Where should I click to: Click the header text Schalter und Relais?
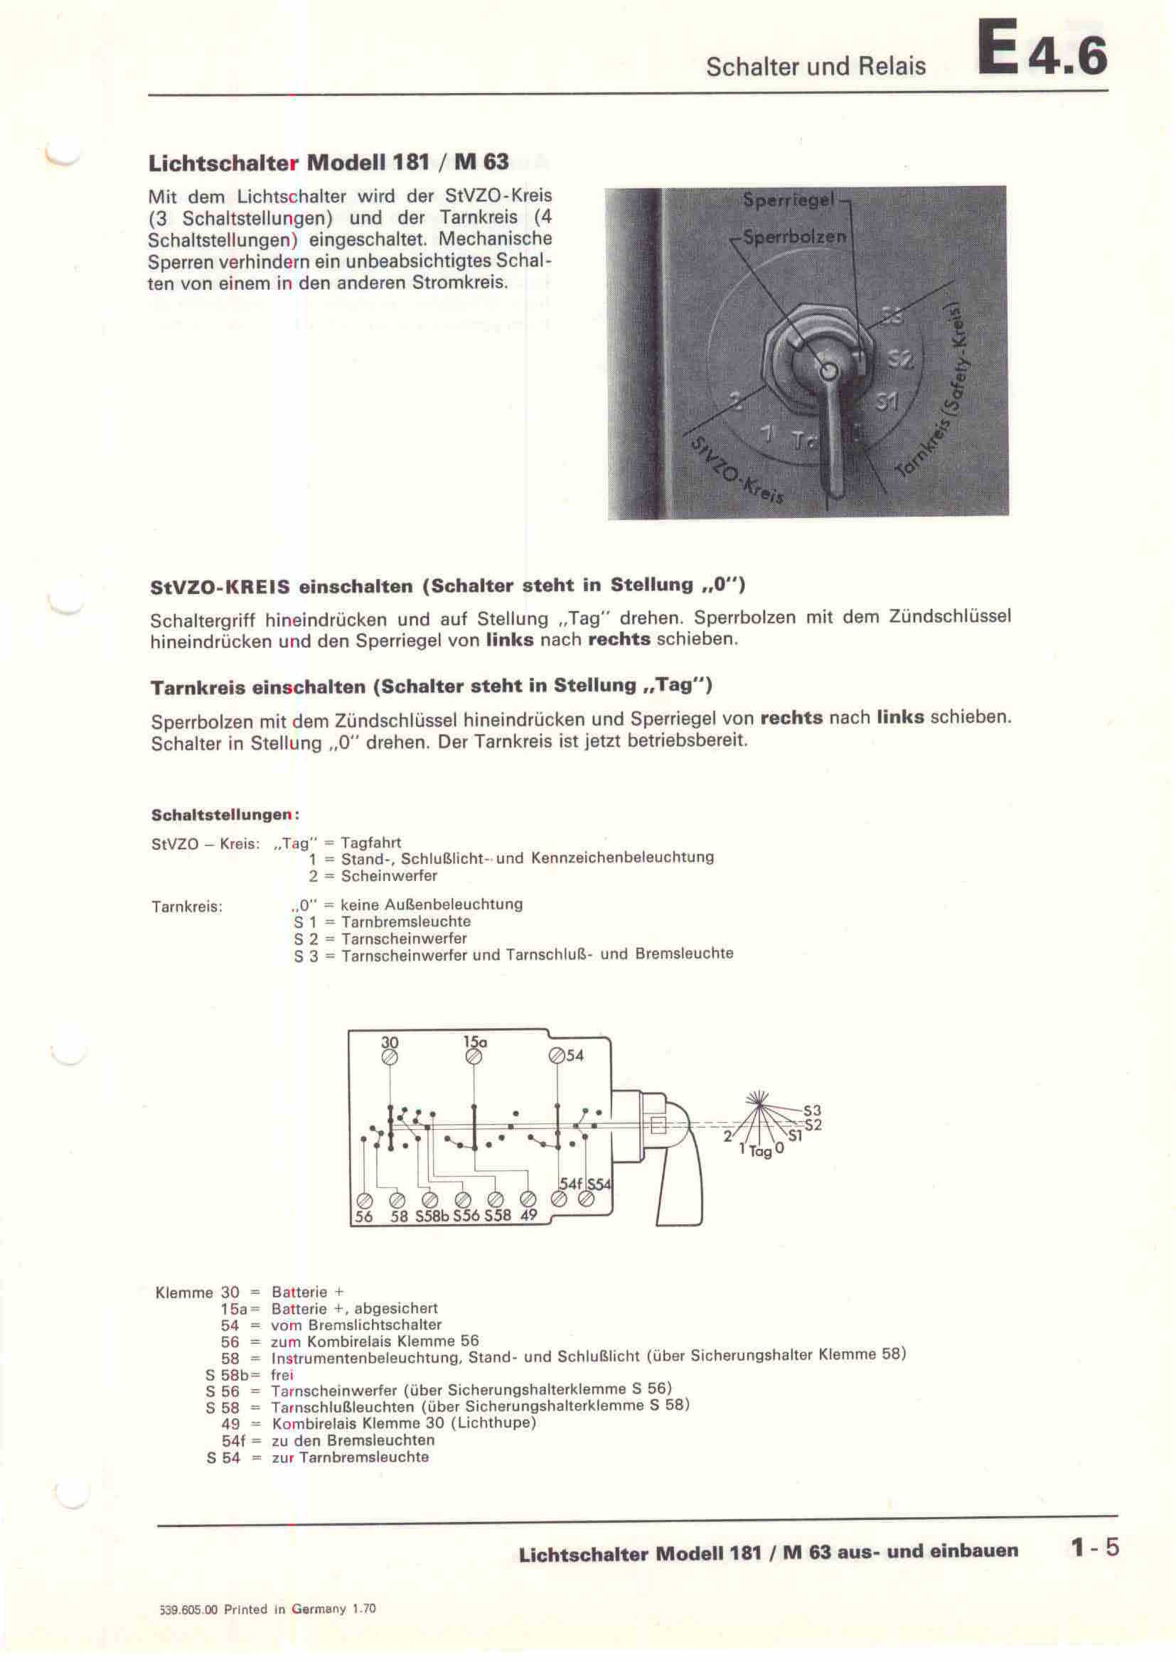816,67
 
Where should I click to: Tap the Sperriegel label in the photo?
789,200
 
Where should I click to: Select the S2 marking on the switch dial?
900,359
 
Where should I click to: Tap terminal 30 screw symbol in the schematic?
390,1057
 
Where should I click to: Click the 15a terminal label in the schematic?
475,1042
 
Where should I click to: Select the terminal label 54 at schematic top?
575,1055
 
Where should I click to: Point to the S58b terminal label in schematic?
432,1216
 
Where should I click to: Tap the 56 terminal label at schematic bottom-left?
363,1216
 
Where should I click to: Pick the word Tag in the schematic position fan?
760,1152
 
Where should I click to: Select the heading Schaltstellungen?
225,815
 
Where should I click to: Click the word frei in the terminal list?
282,1375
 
